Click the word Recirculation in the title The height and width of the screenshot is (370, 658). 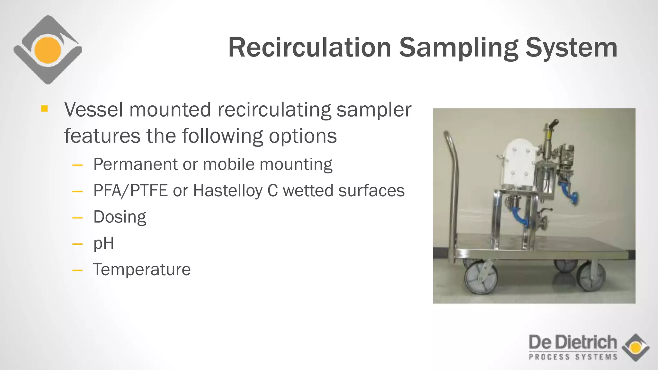tap(309, 48)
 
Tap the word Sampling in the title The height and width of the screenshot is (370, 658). tap(458, 48)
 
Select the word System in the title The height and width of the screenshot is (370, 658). tap(571, 48)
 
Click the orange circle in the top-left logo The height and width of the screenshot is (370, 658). tap(48, 50)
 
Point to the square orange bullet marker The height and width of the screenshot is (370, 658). tap(44, 109)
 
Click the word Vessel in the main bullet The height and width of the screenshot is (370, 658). tap(93, 110)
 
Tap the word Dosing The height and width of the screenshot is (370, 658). tap(120, 217)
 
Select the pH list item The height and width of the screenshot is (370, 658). tap(103, 243)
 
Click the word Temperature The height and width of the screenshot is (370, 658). tap(142, 269)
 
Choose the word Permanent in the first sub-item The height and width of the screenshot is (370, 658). tap(135, 164)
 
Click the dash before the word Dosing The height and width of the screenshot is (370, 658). tap(77, 218)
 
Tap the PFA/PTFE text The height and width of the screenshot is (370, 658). tap(130, 190)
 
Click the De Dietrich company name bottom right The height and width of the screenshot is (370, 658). tap(573, 342)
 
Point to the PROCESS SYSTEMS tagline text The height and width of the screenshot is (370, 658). tap(573, 357)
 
